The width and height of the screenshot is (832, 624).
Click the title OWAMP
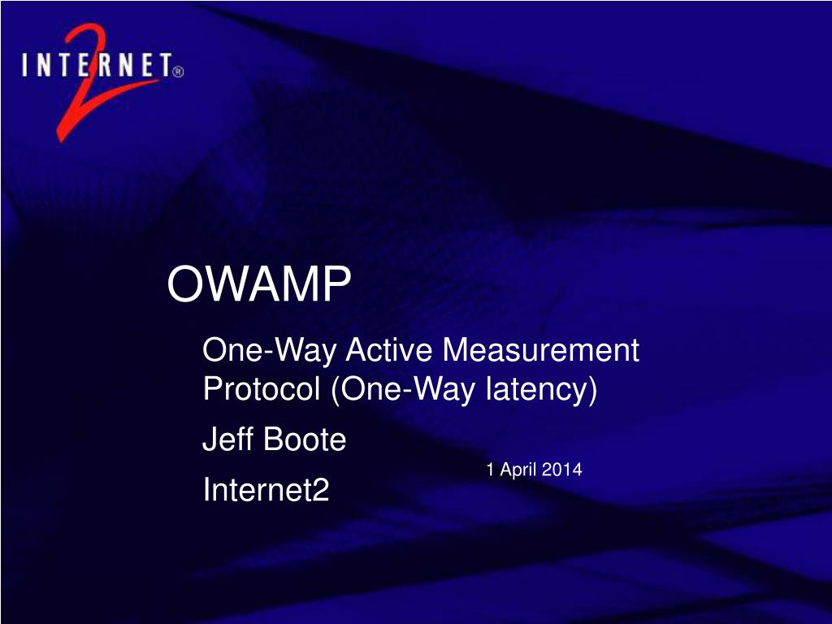[259, 284]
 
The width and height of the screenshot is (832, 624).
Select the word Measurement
[540, 349]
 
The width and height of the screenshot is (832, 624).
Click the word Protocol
[261, 388]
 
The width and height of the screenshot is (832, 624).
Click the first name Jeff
[227, 439]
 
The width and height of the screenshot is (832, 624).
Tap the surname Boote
[304, 439]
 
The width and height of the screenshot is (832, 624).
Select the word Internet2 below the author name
[266, 488]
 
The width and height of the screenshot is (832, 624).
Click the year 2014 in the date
[562, 469]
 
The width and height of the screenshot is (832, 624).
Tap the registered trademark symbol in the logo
[178, 71]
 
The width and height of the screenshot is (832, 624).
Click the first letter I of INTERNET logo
[25, 64]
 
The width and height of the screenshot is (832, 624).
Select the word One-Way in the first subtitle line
[269, 351]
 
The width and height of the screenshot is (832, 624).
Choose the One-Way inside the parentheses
[408, 390]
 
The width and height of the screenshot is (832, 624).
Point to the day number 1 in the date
[491, 469]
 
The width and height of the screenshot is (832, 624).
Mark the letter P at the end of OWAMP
[336, 284]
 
